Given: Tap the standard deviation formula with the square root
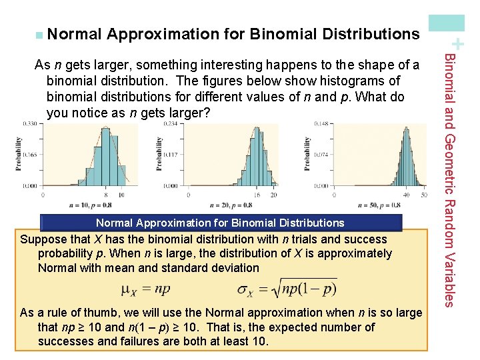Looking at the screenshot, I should pyautogui.click(x=287, y=289).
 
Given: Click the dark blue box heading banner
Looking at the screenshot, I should pyautogui.click(x=221, y=223).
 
